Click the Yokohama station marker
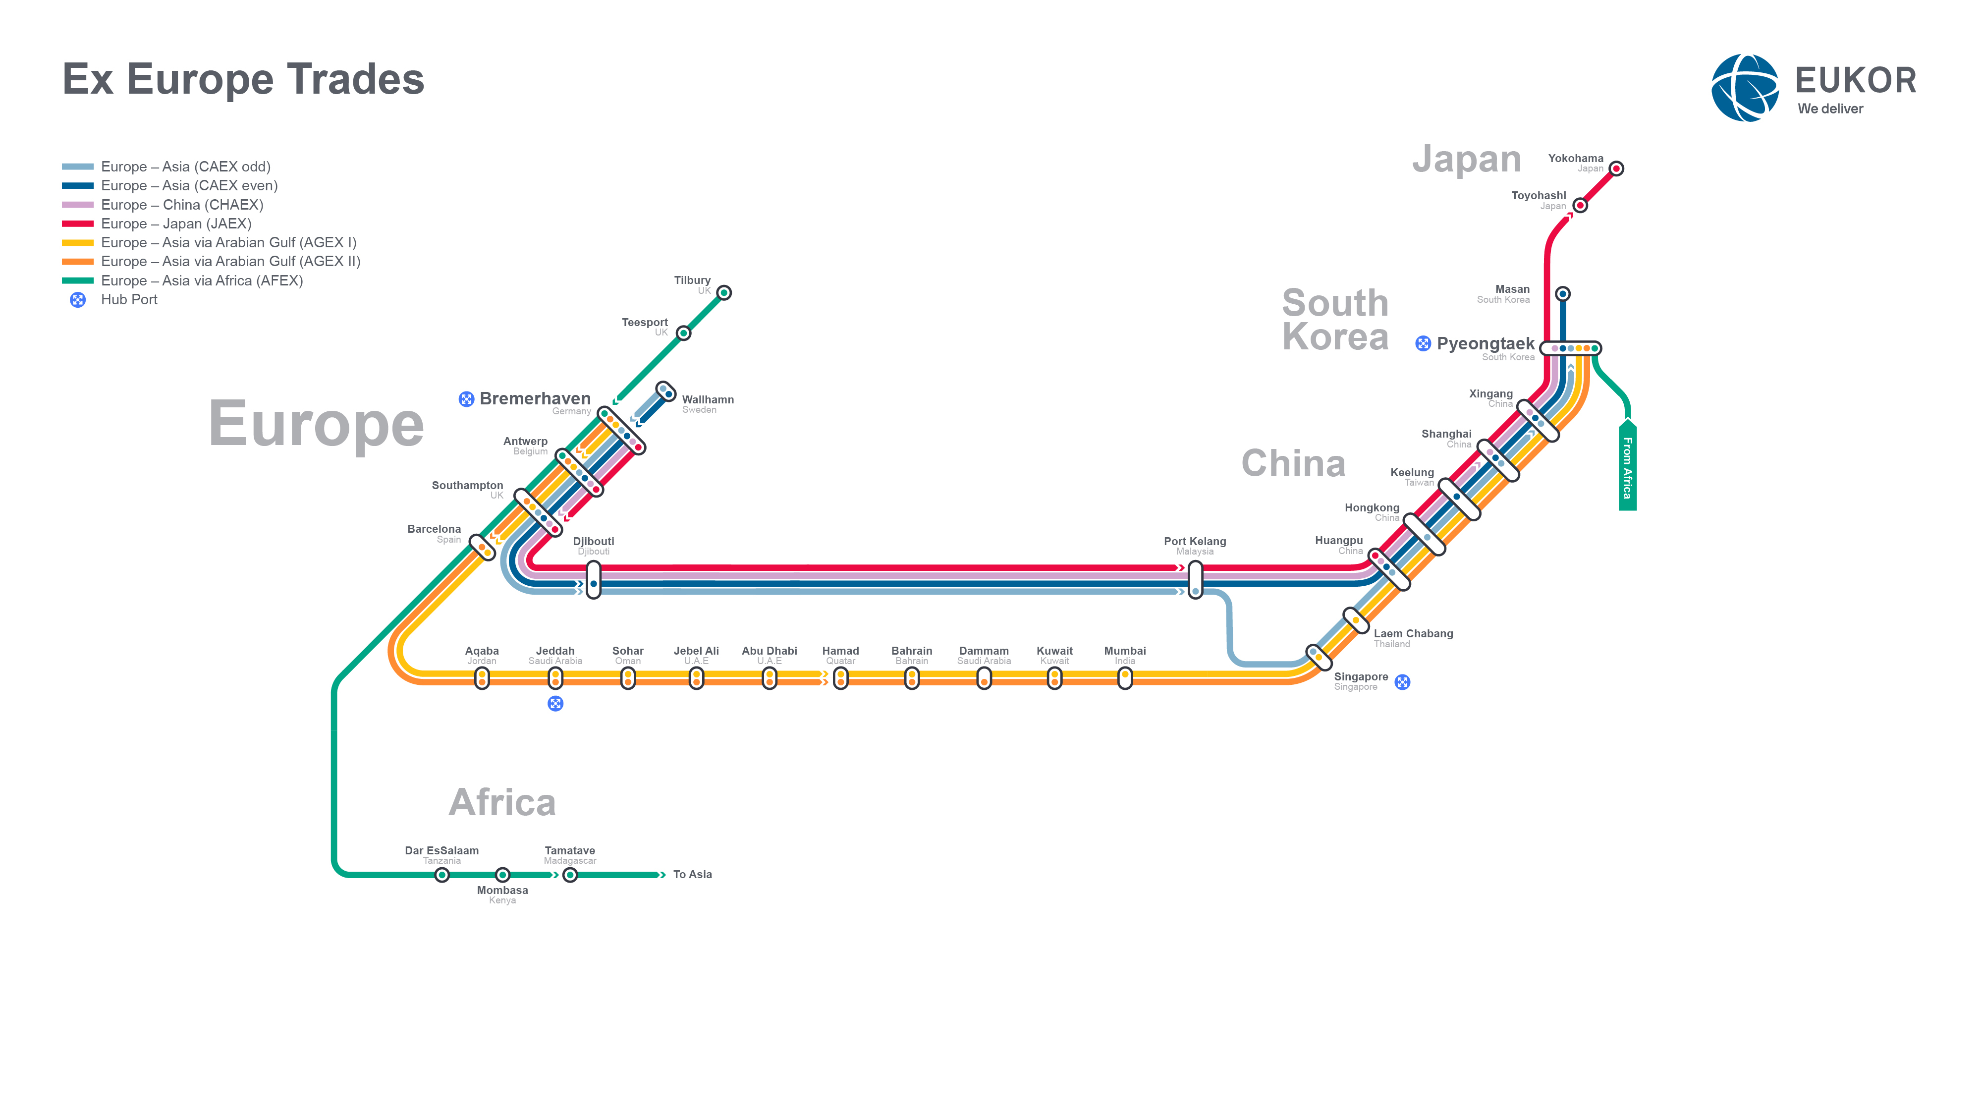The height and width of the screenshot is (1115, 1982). click(1616, 168)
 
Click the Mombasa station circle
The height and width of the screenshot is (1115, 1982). click(502, 875)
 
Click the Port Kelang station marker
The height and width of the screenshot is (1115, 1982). click(1195, 579)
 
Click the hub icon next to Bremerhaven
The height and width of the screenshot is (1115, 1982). click(466, 398)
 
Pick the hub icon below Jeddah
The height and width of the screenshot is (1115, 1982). click(555, 703)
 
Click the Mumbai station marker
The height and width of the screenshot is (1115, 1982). click(1125, 678)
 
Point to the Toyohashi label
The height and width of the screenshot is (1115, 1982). click(1538, 195)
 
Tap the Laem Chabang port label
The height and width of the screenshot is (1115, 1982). click(1413, 633)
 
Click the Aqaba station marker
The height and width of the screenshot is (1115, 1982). click(482, 678)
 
